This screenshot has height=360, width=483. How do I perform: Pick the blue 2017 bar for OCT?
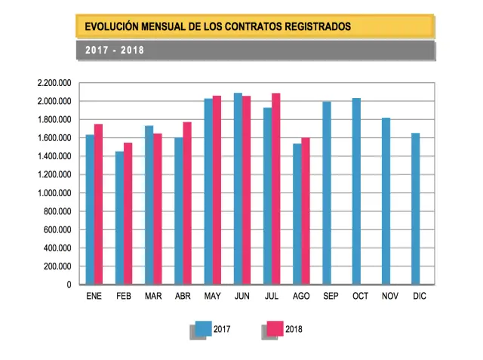tap(356, 192)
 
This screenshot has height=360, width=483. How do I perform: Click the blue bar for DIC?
tap(415, 209)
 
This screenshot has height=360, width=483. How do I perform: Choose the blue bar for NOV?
tap(386, 202)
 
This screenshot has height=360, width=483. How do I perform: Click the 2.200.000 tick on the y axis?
tap(54, 83)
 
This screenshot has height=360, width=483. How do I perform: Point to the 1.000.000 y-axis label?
tap(54, 193)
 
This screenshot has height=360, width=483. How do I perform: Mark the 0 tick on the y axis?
tap(69, 285)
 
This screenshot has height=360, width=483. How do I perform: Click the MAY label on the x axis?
tap(212, 297)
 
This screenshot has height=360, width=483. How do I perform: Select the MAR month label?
tap(153, 297)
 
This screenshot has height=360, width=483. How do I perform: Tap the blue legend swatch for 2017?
tap(203, 328)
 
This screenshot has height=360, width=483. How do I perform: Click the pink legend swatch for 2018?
tap(275, 328)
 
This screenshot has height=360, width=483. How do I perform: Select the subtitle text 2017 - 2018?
tap(115, 51)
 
